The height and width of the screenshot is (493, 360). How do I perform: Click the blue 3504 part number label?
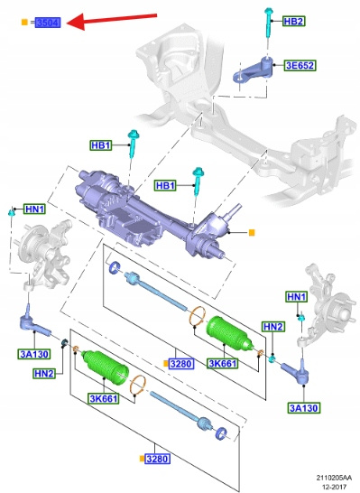point(48,23)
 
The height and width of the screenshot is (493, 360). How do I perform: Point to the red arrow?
point(112,20)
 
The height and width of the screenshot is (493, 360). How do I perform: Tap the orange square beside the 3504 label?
point(24,23)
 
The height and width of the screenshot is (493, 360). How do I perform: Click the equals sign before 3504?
point(32,23)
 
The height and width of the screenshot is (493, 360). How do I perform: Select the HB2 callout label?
point(293,21)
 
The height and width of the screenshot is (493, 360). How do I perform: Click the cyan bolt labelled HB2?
point(269,23)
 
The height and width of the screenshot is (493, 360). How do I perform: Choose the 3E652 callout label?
point(300,65)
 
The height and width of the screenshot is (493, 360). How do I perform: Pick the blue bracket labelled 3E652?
point(253,70)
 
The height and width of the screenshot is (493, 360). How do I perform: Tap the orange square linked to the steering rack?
point(252,232)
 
